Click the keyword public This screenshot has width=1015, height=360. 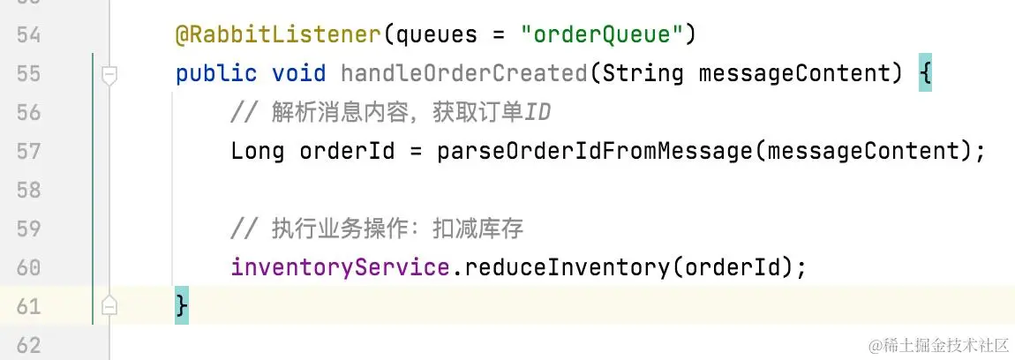(x=216, y=73)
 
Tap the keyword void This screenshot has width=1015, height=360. (x=298, y=73)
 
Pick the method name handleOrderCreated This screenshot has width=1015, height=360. (x=463, y=73)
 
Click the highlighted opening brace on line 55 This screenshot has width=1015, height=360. (x=924, y=73)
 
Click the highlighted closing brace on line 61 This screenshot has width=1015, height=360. (x=182, y=306)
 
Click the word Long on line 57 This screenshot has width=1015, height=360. (x=257, y=151)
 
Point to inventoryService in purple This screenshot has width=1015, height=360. (x=340, y=266)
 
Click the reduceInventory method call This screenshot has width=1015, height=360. (x=565, y=266)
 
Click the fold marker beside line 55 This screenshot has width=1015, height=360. (x=109, y=74)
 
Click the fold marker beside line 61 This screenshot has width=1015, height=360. (x=109, y=306)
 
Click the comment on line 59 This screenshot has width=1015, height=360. (x=377, y=229)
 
